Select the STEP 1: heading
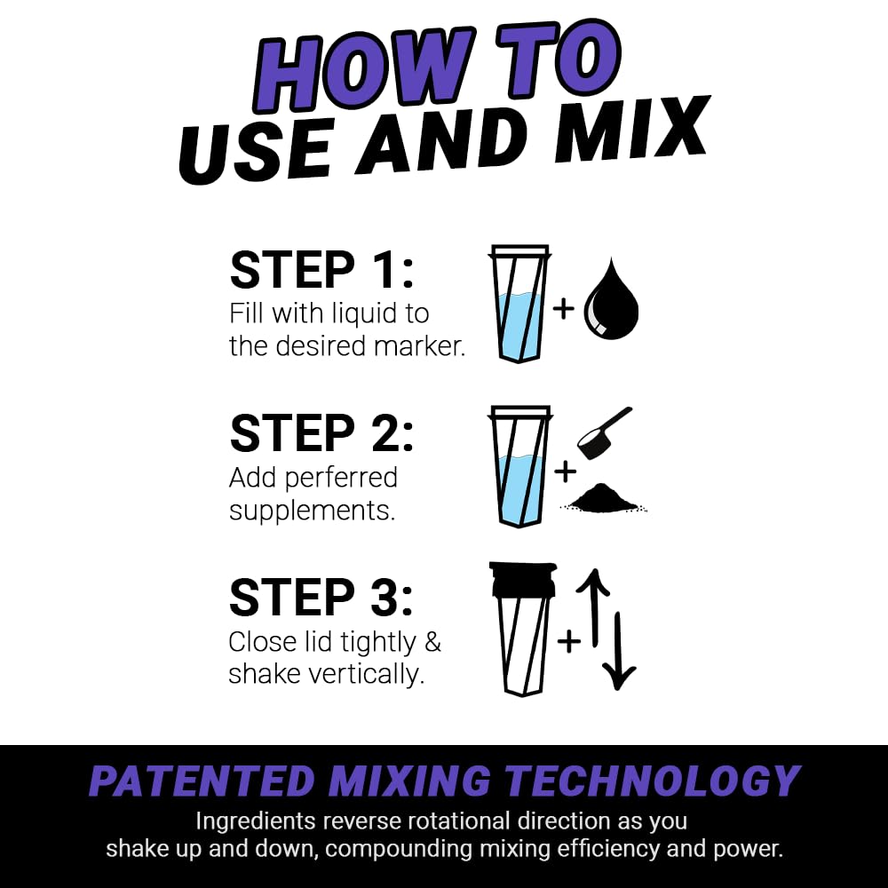pyautogui.click(x=321, y=270)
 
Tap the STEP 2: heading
pyautogui.click(x=321, y=433)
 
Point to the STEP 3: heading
pyautogui.click(x=321, y=597)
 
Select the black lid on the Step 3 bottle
pyautogui.click(x=522, y=579)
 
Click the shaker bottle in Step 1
pyautogui.click(x=519, y=304)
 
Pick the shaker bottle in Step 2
pyautogui.click(x=519, y=466)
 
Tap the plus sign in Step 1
pyautogui.click(x=563, y=309)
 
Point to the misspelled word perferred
pyautogui.click(x=342, y=478)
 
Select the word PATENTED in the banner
pyautogui.click(x=202, y=781)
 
